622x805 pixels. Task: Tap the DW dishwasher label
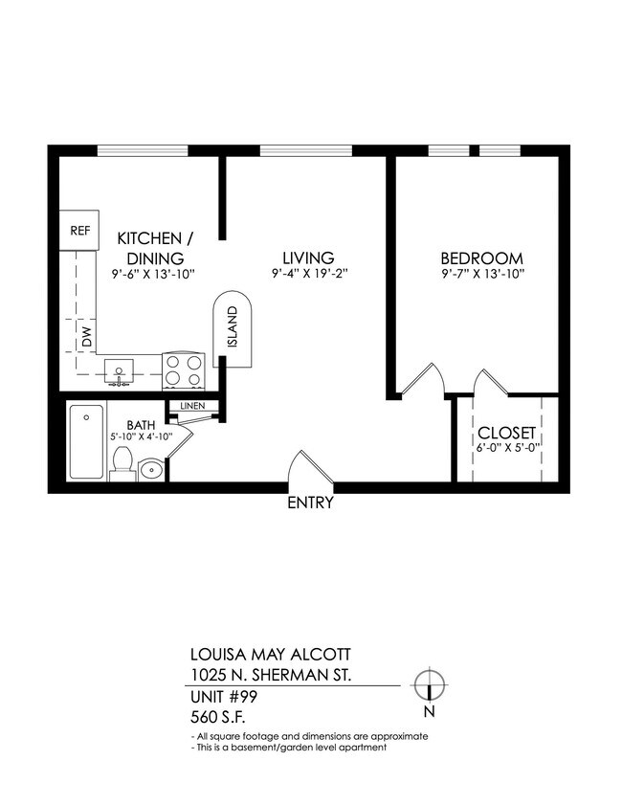(x=86, y=337)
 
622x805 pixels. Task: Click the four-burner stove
(x=185, y=370)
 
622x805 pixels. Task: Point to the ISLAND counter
(x=232, y=329)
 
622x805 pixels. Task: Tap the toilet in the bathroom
(x=122, y=463)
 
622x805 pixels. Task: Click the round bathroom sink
(x=151, y=470)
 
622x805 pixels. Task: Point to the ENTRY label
(x=310, y=503)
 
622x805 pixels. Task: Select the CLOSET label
(x=506, y=432)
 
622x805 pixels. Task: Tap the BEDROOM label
(x=481, y=258)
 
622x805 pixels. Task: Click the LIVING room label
(x=307, y=258)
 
